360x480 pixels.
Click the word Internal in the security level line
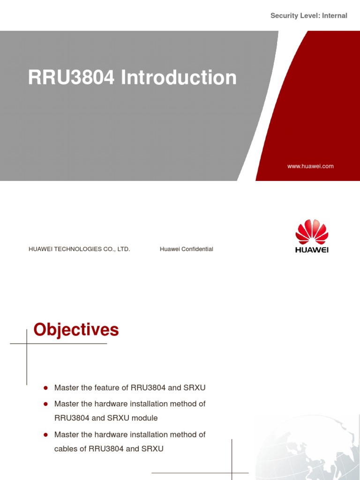coord(334,16)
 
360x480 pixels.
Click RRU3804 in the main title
coord(71,77)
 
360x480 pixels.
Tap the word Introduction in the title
coord(179,77)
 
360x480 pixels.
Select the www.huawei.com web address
coord(311,166)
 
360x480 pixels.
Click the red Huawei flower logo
coord(312,231)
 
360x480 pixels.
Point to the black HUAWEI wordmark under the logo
coord(312,249)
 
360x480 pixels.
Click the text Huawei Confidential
coord(186,249)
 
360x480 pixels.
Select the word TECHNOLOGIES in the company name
coord(79,249)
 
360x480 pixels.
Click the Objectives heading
coord(76,330)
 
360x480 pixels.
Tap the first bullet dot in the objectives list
coord(46,388)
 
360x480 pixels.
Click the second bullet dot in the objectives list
coord(46,404)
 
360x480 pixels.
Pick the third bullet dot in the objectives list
coord(46,435)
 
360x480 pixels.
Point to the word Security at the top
coord(285,16)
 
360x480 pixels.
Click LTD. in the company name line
coord(123,249)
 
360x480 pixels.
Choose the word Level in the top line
coord(309,16)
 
